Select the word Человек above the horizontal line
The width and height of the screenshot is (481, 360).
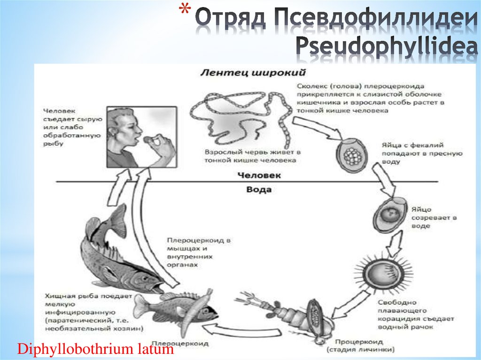(259, 176)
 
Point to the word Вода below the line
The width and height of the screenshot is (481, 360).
(259, 190)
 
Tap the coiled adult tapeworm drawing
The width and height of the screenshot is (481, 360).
(239, 117)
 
